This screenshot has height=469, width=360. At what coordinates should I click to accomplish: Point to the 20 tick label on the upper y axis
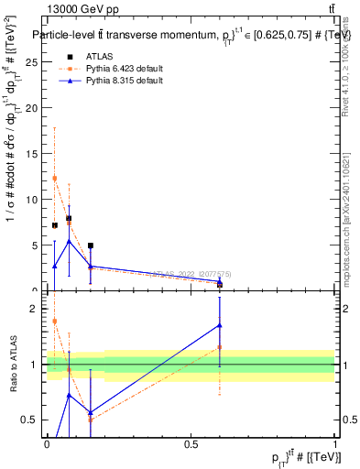(33, 107)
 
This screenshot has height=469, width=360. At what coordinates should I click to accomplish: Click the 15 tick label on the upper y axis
(33, 153)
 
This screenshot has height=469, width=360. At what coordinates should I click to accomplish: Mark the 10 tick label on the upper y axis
(33, 199)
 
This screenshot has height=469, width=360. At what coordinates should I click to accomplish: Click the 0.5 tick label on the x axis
(191, 444)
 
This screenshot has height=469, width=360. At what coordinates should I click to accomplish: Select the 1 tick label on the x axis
(335, 444)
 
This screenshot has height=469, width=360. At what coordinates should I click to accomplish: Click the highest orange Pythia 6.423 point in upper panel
(55, 178)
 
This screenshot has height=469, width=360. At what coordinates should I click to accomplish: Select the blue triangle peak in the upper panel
(70, 241)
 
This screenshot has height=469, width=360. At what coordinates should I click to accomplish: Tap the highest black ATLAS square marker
(70, 218)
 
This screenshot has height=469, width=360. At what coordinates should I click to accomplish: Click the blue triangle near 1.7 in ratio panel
(220, 325)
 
